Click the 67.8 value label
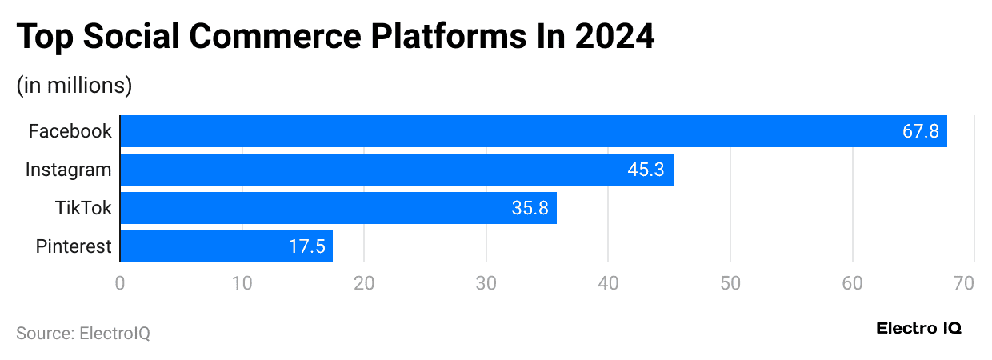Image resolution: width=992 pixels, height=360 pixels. [x=920, y=131]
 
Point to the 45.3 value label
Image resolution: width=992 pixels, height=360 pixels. [x=646, y=170]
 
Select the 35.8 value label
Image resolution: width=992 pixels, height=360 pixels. [x=530, y=208]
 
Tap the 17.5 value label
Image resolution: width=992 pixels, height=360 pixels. [x=306, y=246]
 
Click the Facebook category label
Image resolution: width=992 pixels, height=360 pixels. [x=70, y=131]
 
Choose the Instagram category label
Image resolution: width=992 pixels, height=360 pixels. [x=68, y=170]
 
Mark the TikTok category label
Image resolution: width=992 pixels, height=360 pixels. [x=83, y=208]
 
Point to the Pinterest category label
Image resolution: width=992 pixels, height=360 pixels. [x=74, y=246]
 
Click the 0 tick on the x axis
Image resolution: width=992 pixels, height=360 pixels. [x=120, y=283]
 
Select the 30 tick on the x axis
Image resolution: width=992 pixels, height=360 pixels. [x=486, y=283]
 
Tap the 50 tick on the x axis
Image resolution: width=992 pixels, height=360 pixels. [x=730, y=283]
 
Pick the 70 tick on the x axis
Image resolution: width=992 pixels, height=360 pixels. [x=974, y=283]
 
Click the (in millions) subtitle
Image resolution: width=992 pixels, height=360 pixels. [x=74, y=85]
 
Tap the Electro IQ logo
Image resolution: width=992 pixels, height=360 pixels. [x=918, y=328]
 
